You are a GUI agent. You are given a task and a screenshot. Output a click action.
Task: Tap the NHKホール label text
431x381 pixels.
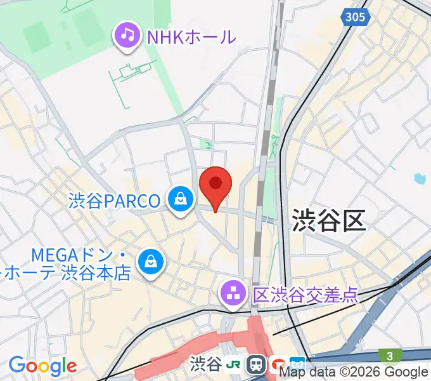coord(191,36)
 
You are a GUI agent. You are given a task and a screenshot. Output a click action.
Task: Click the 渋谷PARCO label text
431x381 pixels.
coord(115,201)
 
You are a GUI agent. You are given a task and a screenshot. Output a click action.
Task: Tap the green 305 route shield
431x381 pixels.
coord(356,17)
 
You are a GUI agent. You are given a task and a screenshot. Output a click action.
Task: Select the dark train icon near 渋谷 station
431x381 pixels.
coord(257,364)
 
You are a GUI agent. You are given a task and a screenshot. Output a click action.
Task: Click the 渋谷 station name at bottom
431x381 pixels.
coord(206,364)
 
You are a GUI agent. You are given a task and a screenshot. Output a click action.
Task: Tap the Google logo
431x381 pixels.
coord(42,366)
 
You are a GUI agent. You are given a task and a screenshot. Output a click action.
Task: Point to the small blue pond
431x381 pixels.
coord(418,179)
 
